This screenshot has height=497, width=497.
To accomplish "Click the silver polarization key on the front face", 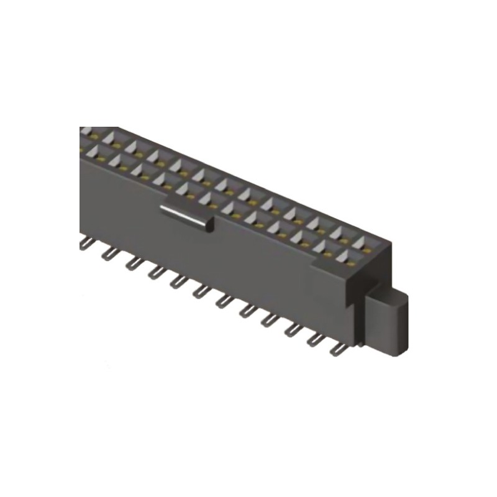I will pos(186,217).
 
